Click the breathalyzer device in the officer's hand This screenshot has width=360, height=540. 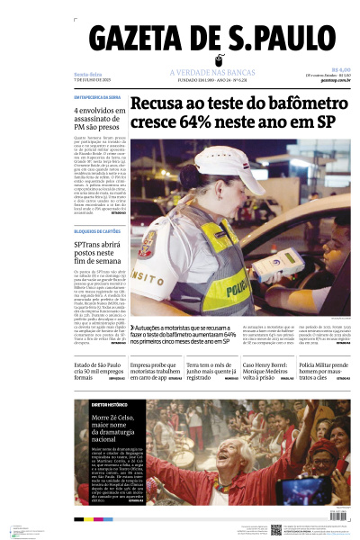tap(268, 268)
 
